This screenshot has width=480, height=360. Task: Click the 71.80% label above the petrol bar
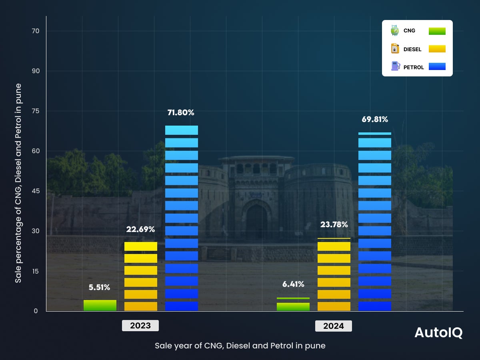pyautogui.click(x=181, y=113)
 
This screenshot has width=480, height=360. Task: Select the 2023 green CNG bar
pyautogui.click(x=100, y=305)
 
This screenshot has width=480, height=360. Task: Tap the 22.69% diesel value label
pyautogui.click(x=140, y=230)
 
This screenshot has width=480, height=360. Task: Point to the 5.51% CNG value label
pyautogui.click(x=99, y=287)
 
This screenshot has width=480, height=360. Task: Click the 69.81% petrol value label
pyautogui.click(x=374, y=119)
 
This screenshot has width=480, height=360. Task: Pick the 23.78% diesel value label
pyautogui.click(x=334, y=224)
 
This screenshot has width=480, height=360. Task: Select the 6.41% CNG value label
pyautogui.click(x=293, y=284)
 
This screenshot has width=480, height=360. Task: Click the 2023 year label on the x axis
pyautogui.click(x=140, y=326)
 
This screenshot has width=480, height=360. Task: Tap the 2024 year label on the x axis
pyautogui.click(x=334, y=326)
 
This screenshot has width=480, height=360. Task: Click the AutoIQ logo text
pyautogui.click(x=438, y=333)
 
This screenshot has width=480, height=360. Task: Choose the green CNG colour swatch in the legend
pyautogui.click(x=437, y=31)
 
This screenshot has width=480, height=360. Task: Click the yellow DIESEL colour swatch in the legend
pyautogui.click(x=437, y=49)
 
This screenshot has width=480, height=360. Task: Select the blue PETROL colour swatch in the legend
pyautogui.click(x=437, y=66)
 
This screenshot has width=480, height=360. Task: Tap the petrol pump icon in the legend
pyautogui.click(x=395, y=66)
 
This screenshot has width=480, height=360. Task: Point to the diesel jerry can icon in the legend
pyautogui.click(x=395, y=48)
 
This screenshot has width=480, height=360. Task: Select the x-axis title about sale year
pyautogui.click(x=240, y=346)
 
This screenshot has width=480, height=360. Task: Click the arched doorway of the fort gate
pyautogui.click(x=256, y=222)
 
